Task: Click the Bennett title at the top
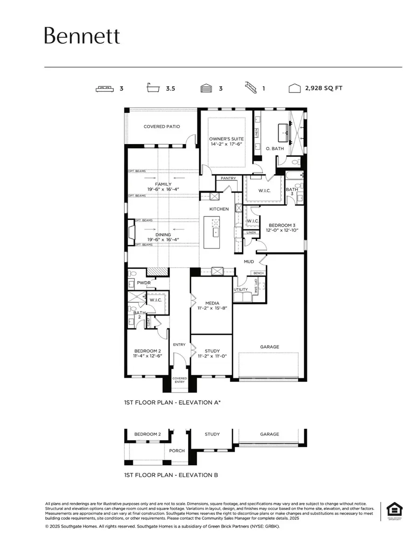pos(82,36)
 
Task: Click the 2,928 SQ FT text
pos(323,88)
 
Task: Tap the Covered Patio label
pos(161,126)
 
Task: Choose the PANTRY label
pos(228,178)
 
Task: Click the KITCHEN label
pos(219,209)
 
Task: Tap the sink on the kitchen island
pos(216,232)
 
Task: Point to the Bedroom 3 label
pos(281,225)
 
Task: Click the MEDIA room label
pos(211,303)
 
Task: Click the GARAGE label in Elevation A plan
pos(269,346)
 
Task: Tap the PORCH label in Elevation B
pos(177,450)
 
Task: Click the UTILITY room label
pos(241,290)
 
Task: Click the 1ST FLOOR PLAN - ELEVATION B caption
pos(170,475)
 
